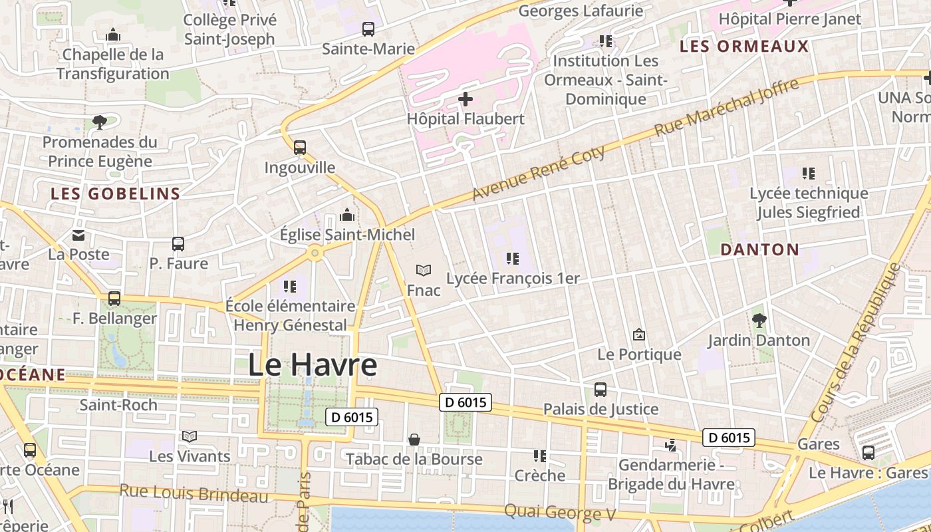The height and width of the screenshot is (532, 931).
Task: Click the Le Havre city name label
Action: pos(313,365)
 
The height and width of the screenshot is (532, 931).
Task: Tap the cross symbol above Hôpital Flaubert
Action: pos(465,100)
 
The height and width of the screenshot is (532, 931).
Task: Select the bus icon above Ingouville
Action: pos(300,148)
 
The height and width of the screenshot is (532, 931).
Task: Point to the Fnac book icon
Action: pos(424,271)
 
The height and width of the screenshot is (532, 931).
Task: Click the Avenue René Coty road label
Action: pos(539,173)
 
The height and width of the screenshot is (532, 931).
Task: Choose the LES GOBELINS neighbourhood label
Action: pos(116,194)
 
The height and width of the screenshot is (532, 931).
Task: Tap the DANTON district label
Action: pos(760,249)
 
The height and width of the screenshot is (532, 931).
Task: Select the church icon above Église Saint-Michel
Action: pos(347,215)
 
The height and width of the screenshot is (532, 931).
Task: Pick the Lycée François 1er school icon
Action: pos(512,259)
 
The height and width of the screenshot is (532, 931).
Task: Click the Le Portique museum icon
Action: pos(639,334)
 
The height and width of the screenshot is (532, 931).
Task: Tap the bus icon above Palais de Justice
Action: pos(600,390)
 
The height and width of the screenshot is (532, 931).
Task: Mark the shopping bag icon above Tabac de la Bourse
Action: pos(414,440)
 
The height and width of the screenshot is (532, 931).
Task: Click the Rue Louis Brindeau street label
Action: pos(194,494)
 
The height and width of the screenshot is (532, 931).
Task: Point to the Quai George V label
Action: pos(560,512)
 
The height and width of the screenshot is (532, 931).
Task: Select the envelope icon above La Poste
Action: pos(78,235)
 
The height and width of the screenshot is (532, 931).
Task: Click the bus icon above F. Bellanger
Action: pos(114,299)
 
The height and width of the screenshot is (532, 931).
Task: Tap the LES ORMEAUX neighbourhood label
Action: pos(744,47)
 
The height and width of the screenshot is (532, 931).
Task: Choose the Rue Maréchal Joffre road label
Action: pos(726,108)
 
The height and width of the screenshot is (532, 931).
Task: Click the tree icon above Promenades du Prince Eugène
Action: pos(100,122)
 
